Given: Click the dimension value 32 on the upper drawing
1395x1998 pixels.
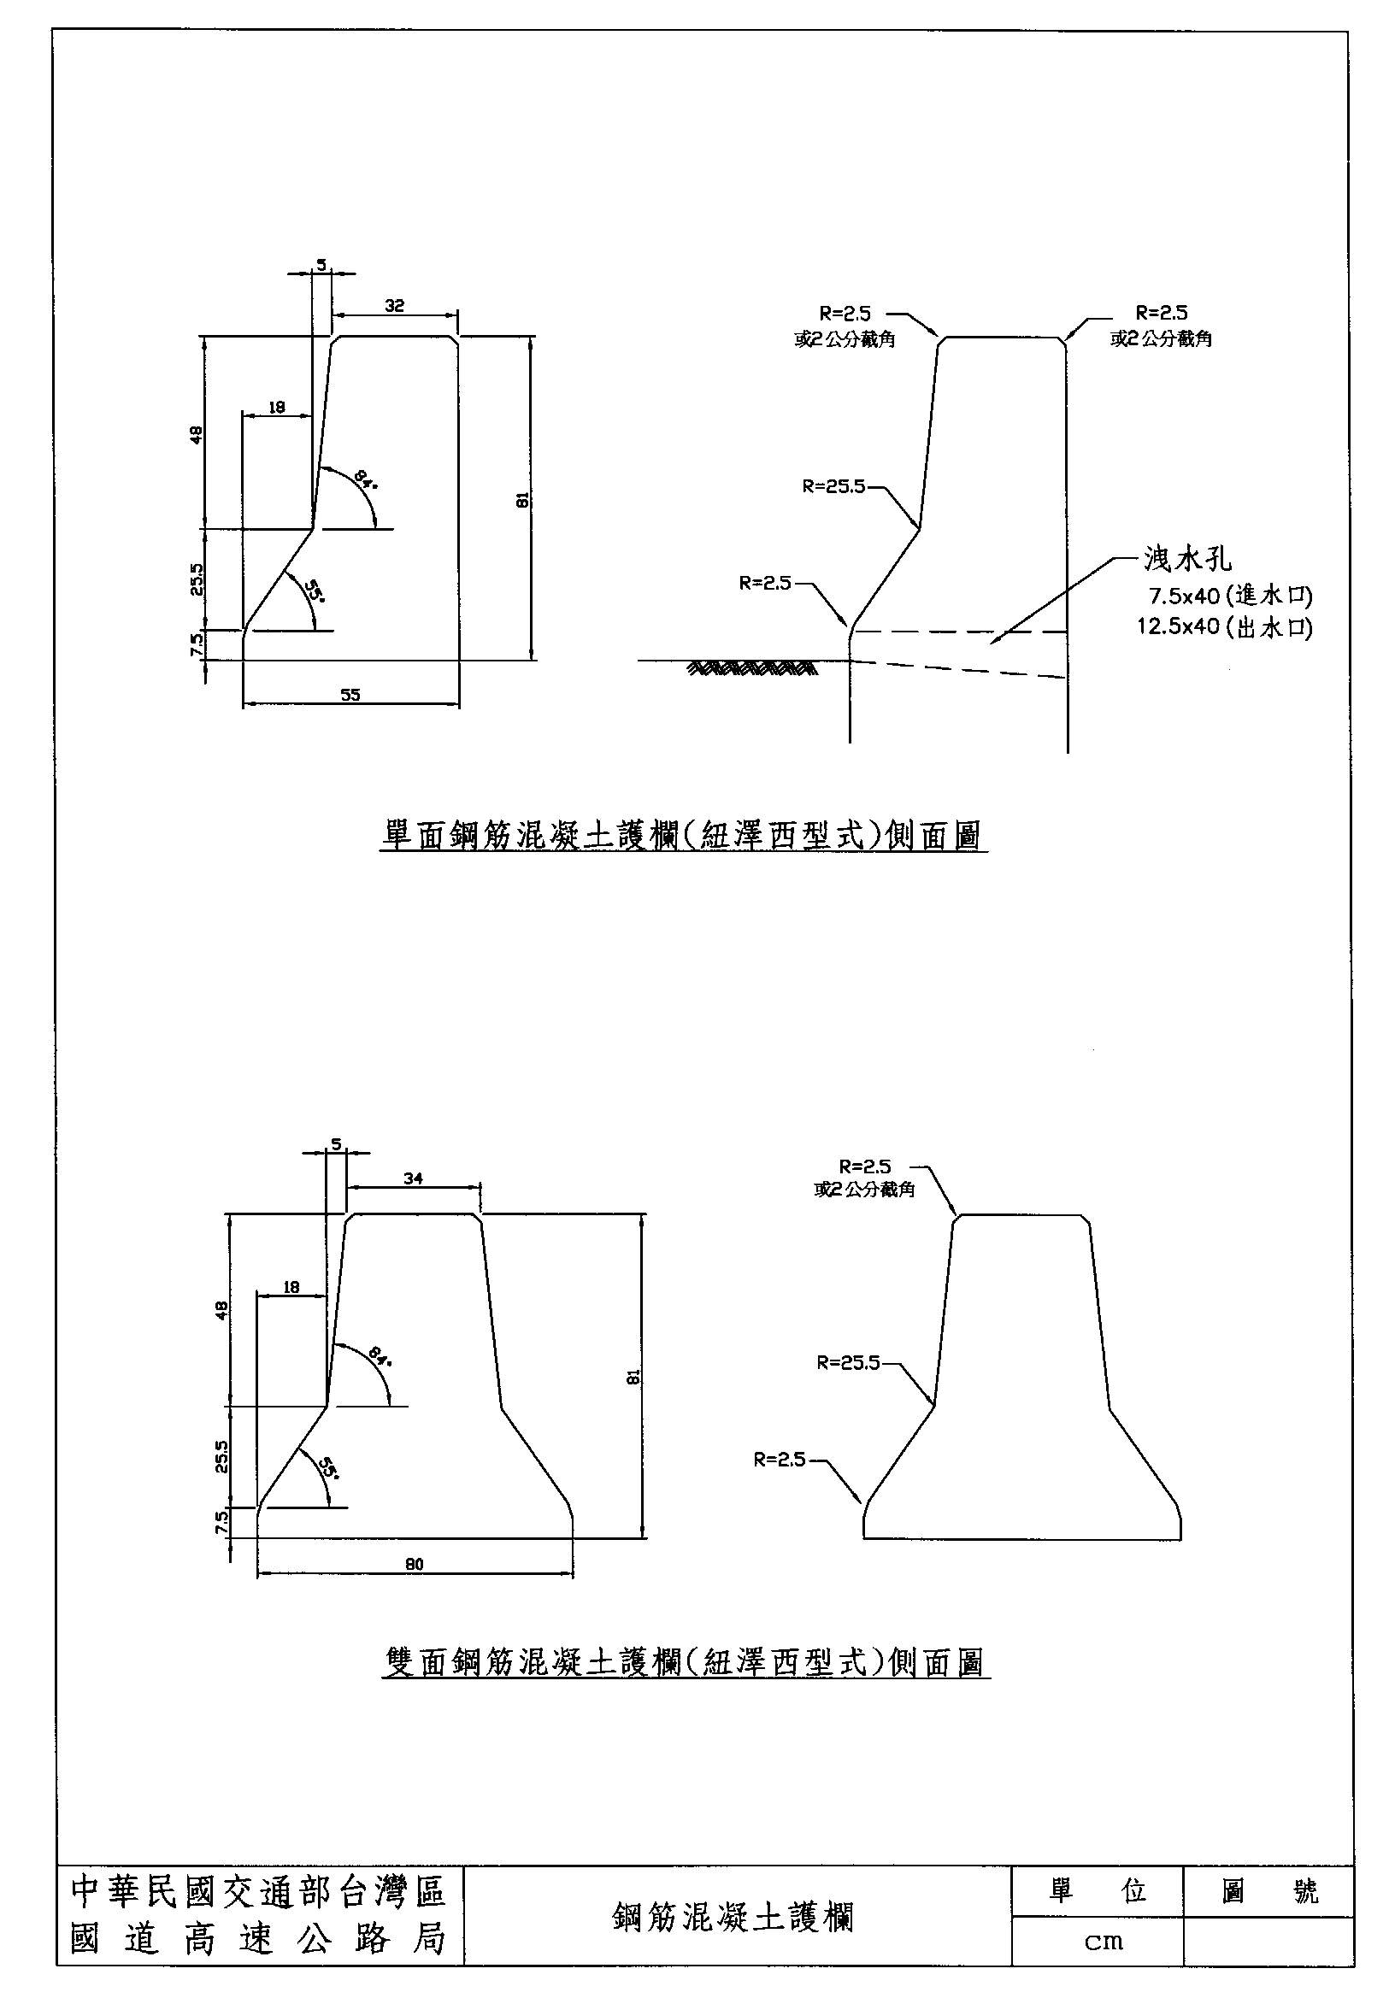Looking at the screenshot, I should (394, 305).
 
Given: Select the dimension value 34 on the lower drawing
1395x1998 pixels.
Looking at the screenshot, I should (414, 1178).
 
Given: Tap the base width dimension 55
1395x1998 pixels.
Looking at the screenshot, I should (350, 694).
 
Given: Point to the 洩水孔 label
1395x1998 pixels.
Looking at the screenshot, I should (1188, 560).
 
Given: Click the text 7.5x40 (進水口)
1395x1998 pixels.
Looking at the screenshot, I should (1230, 596).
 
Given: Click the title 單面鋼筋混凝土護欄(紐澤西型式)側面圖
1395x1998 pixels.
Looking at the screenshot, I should (684, 836).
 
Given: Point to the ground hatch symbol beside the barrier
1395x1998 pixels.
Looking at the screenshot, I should (752, 668).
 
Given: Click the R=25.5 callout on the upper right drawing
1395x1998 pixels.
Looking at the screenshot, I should (833, 486).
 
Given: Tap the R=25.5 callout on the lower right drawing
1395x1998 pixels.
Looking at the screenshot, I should (848, 1363).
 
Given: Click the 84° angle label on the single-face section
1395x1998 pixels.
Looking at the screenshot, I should (367, 479).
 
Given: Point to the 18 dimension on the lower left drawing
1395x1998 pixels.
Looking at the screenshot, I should (291, 1287).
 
